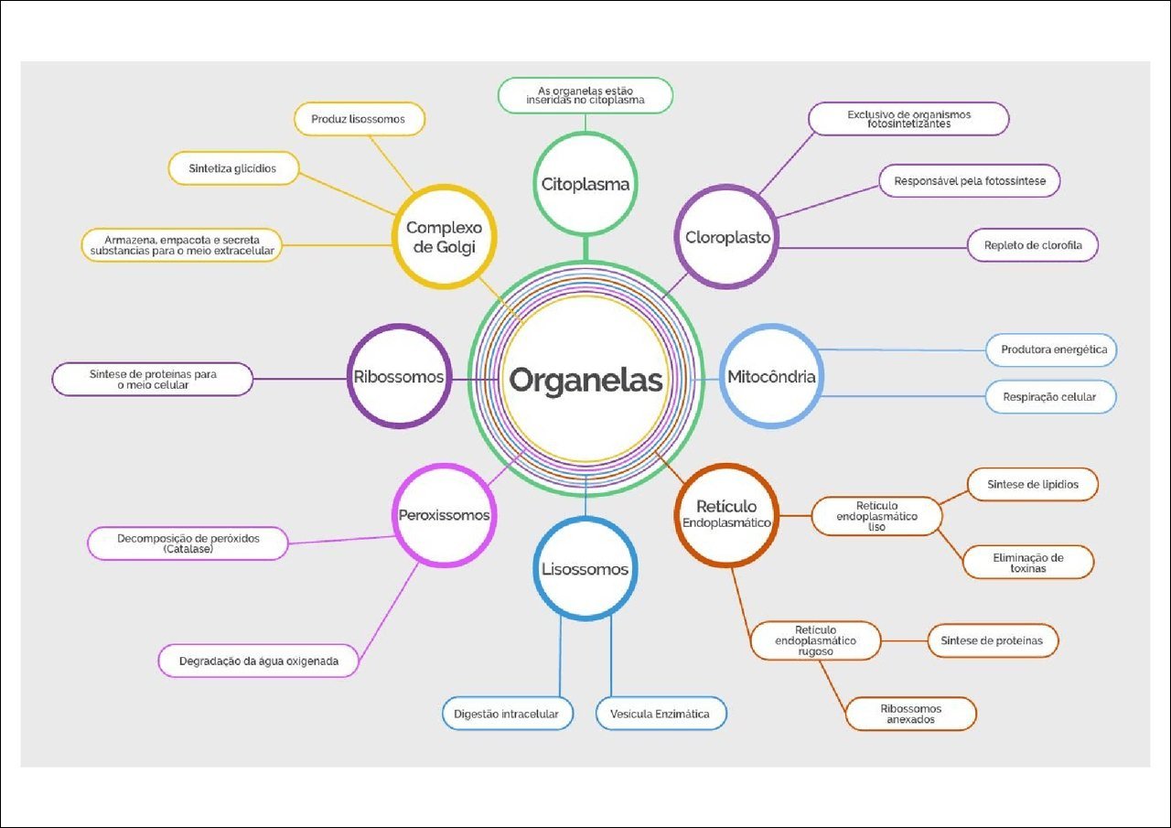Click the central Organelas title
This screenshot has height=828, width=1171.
tap(585, 380)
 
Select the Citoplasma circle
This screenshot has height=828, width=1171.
tap(585, 184)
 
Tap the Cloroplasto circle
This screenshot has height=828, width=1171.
tap(727, 237)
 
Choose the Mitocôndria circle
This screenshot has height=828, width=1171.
tap(771, 376)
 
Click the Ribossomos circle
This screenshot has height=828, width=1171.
tap(399, 376)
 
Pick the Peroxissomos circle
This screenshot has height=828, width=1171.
tap(444, 515)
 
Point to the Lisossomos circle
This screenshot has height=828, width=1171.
tap(585, 569)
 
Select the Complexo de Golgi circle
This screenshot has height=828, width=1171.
tap(445, 237)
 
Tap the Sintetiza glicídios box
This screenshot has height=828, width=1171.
tap(232, 168)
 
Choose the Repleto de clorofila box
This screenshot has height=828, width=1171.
tap(1032, 245)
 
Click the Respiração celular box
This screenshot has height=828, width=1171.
tap(1051, 397)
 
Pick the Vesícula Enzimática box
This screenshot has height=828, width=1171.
tap(660, 714)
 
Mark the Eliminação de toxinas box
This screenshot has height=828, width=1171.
tap(1028, 562)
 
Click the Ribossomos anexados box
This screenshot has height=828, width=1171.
tap(911, 714)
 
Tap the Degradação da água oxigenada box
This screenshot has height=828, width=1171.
tap(258, 661)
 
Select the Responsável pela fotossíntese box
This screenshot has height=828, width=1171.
tap(970, 181)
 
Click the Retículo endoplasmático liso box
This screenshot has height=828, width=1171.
tap(877, 516)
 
